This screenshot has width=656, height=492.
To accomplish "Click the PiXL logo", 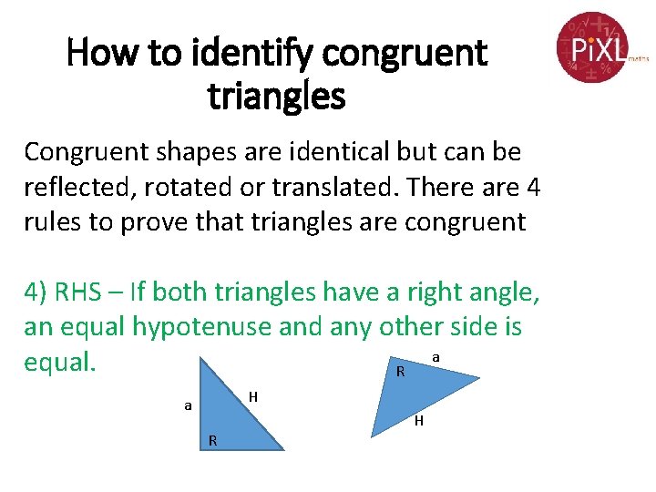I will click(x=593, y=46).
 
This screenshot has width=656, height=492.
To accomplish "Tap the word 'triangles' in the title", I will click(x=277, y=95).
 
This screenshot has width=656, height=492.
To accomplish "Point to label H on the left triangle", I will click(x=254, y=395).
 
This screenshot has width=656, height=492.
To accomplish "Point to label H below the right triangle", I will click(x=418, y=421).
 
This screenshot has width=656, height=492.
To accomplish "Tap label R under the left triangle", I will click(x=212, y=440).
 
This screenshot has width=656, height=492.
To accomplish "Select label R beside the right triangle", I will click(x=400, y=371).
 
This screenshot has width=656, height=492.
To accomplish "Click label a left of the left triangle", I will click(x=188, y=405).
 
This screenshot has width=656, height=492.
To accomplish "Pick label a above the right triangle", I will click(x=436, y=359).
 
